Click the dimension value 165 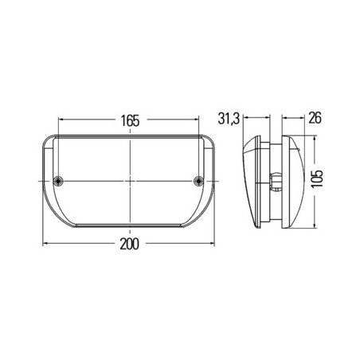point(131,121)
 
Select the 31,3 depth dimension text point(231,121)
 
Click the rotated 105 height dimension point(319,181)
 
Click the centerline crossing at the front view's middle point(130,180)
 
